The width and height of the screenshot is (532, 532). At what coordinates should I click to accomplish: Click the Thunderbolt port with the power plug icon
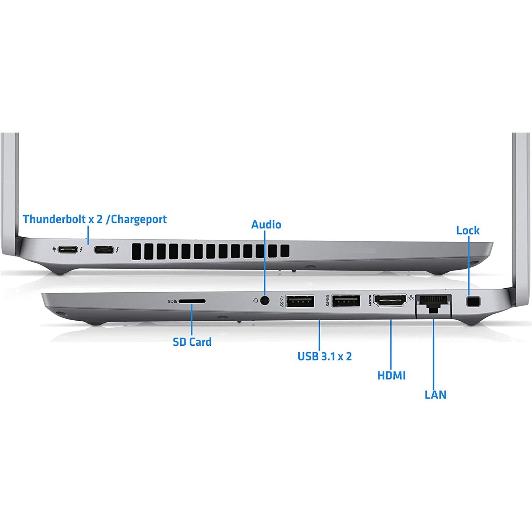68,250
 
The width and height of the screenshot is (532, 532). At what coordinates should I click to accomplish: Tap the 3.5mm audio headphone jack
265,300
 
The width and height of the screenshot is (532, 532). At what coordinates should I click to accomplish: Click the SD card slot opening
192,301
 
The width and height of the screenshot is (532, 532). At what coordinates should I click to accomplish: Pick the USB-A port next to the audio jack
300,301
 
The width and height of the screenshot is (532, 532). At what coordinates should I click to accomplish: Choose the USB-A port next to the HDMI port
346,301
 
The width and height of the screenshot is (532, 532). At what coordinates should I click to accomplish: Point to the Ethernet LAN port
433,303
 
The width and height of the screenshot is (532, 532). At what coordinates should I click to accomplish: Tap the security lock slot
473,301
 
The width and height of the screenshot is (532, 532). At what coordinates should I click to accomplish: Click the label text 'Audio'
266,225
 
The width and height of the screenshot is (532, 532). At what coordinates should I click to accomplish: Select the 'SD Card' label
192,342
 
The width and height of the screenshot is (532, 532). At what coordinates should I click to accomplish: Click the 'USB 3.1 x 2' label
325,356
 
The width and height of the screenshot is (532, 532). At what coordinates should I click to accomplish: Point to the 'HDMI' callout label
391,376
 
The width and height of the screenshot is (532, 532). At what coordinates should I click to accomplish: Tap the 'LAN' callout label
436,395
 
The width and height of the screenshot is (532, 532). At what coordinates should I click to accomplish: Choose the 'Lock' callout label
468,230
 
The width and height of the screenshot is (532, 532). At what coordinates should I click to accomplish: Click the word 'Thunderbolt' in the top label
54,219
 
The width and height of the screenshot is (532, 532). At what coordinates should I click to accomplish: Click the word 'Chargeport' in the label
139,219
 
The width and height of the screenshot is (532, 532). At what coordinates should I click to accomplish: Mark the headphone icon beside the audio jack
256,300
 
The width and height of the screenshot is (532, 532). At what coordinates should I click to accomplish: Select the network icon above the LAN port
411,297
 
